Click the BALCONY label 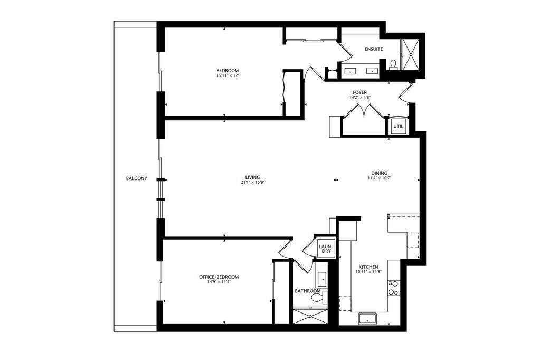tap(136, 178)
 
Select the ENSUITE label tap(374, 49)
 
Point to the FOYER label tap(359, 92)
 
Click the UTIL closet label tap(398, 127)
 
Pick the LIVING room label tap(253, 177)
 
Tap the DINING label tap(379, 173)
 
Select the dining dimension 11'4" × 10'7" tap(379, 178)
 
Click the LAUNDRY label tap(326, 249)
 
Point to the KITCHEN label tap(368, 267)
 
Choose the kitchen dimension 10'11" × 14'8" tap(368, 271)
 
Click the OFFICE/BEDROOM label tap(219, 277)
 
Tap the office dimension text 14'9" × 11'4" tap(219, 282)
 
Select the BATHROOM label tap(308, 291)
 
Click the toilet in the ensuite tap(393, 65)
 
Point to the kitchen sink tap(367, 318)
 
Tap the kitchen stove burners tap(393, 288)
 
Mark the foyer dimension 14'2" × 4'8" tap(359, 98)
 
